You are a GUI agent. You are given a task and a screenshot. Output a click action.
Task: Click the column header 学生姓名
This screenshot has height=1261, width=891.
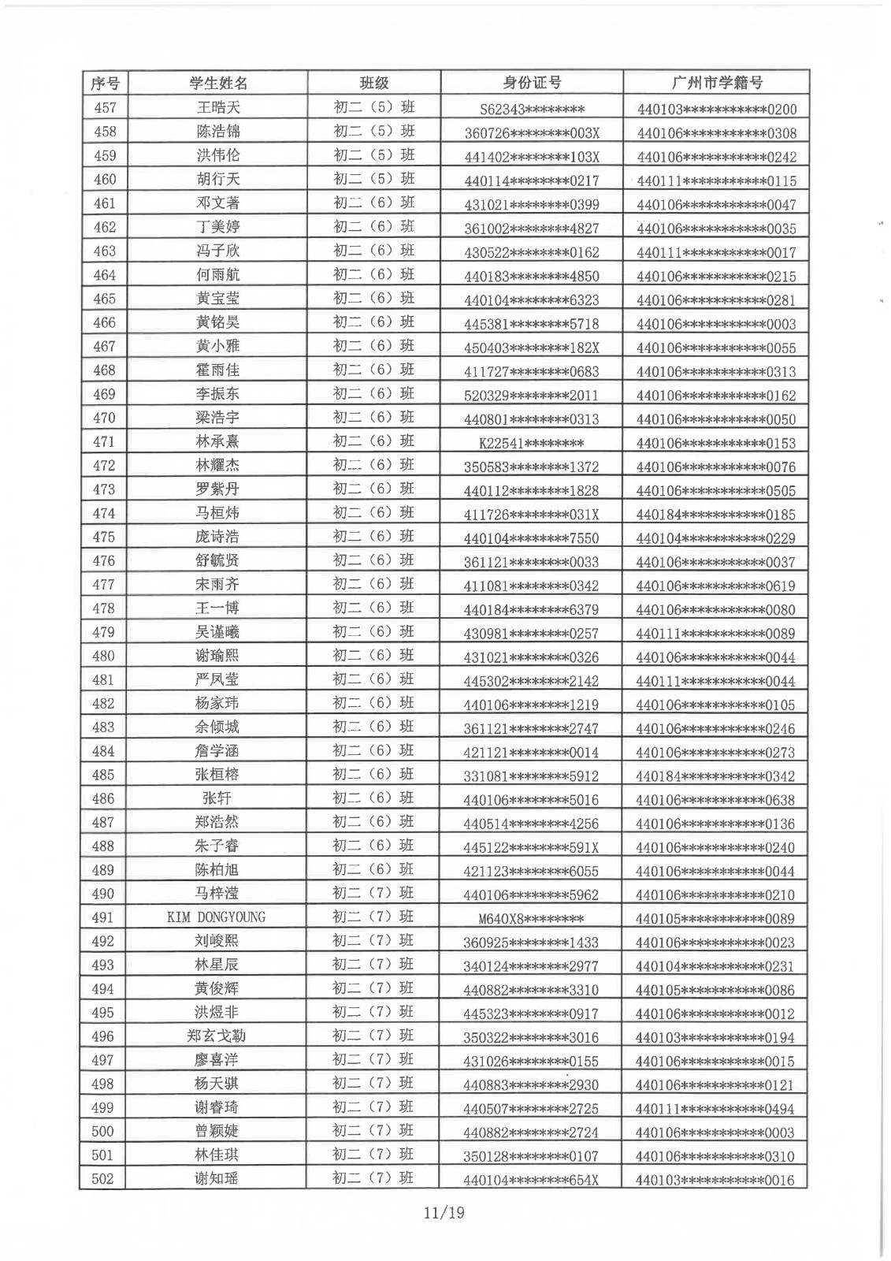pyautogui.click(x=218, y=83)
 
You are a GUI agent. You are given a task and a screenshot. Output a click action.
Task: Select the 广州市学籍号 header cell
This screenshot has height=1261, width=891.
pyautogui.click(x=716, y=83)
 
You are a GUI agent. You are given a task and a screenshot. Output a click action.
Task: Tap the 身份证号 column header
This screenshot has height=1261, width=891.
pyautogui.click(x=532, y=83)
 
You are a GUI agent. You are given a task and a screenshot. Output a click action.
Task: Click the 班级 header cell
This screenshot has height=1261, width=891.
pyautogui.click(x=373, y=83)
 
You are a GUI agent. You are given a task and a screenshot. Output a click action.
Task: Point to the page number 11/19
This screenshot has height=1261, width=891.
pyautogui.click(x=444, y=1212)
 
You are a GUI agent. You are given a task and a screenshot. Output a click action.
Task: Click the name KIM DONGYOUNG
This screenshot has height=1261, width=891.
pyautogui.click(x=217, y=917)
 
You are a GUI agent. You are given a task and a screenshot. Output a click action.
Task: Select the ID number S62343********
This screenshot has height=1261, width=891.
pyautogui.click(x=532, y=109)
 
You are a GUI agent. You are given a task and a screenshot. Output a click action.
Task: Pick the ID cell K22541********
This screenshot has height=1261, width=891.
pyautogui.click(x=532, y=443)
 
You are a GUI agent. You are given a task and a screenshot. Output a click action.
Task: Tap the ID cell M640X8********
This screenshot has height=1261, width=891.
pyautogui.click(x=532, y=919)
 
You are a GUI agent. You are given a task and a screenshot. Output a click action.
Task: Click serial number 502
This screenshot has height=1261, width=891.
pyautogui.click(x=103, y=1179)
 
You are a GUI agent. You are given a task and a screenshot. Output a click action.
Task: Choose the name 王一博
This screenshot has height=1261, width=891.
pyautogui.click(x=217, y=608)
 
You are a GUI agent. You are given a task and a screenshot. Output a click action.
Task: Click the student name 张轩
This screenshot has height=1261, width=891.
pyautogui.click(x=217, y=798)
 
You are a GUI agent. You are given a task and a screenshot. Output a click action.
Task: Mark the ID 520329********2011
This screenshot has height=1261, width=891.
pyautogui.click(x=532, y=396)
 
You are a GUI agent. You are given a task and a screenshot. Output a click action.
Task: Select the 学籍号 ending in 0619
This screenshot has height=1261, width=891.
pyautogui.click(x=715, y=586)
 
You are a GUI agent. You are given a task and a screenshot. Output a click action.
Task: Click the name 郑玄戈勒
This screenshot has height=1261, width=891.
pyautogui.click(x=217, y=1036)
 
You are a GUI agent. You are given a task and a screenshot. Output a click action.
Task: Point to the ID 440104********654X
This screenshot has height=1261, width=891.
pyautogui.click(x=532, y=1180)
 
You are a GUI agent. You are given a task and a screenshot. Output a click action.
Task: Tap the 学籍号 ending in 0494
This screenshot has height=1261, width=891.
pyautogui.click(x=715, y=1109)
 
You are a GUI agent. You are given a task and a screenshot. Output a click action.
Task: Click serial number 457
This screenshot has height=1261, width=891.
pyautogui.click(x=105, y=107)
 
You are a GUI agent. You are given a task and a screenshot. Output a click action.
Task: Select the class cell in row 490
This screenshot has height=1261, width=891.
pyautogui.click(x=373, y=893)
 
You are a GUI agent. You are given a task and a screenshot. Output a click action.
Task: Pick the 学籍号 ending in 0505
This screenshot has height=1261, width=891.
pyautogui.click(x=715, y=490)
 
